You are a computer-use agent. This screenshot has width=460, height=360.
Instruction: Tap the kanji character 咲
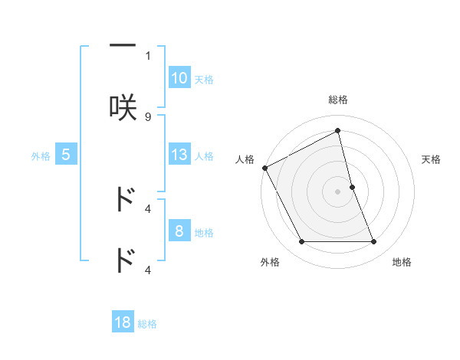point(123,106)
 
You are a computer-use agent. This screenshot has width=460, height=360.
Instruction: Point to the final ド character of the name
point(123,260)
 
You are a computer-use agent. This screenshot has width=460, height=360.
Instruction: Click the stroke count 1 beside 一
point(148,55)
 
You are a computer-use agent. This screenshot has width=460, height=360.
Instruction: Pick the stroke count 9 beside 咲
point(148,116)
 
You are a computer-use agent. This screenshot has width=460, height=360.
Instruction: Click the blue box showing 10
point(179,78)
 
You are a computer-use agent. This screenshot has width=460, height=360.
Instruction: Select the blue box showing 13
point(179,155)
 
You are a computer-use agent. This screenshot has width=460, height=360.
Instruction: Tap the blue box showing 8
point(179,231)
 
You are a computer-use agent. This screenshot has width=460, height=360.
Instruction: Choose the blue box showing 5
point(66,155)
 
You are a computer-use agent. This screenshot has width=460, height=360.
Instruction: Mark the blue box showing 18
point(123,322)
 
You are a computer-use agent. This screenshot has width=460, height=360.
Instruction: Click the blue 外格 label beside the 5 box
point(41,156)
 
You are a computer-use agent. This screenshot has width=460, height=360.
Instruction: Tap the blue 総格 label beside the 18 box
point(147,324)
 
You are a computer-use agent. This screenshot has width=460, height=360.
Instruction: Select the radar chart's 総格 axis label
point(338,100)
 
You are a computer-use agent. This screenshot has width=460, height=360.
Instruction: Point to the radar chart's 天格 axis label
point(432,159)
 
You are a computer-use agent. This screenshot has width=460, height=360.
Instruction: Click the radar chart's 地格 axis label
point(402,262)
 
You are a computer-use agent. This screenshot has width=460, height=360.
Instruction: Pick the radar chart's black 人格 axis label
point(245,159)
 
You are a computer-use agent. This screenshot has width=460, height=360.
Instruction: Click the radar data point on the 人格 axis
point(265,168)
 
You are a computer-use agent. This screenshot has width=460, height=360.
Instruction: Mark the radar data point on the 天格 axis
point(352,187)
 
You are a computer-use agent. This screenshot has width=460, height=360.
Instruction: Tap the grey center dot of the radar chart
point(338,191)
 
